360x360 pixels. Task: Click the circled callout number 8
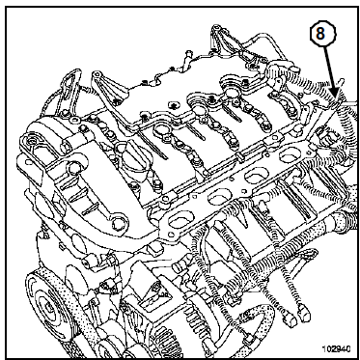tap(322, 34)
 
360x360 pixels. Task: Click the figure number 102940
tap(336, 348)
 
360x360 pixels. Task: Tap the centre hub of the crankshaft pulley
tap(47, 307)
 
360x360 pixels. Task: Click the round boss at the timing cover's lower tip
tap(118, 224)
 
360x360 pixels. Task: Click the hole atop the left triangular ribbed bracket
tap(97, 74)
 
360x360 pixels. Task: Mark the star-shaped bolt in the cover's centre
tap(174, 105)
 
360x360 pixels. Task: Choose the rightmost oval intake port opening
tap(290, 155)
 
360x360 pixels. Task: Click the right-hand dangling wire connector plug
tap(304, 312)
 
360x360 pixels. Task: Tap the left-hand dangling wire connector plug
tap(290, 319)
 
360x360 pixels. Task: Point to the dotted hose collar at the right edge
tap(341, 223)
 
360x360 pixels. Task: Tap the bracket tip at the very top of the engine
tap(215, 29)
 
